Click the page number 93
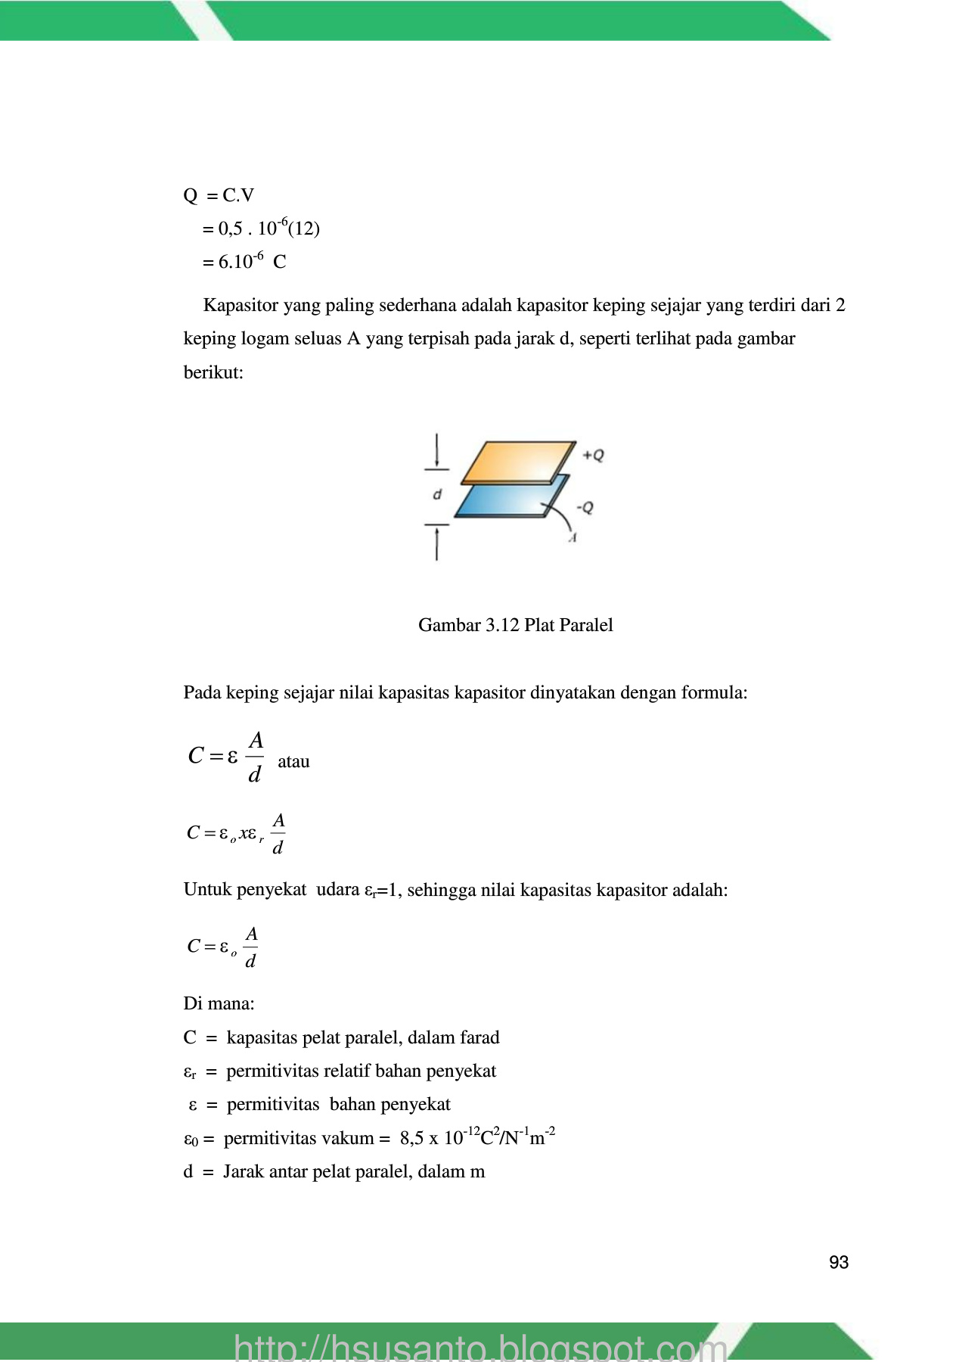click(x=838, y=1262)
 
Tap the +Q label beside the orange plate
click(x=594, y=456)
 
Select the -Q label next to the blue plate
click(x=585, y=507)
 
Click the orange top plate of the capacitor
click(x=518, y=461)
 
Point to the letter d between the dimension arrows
click(x=437, y=495)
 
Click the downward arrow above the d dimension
click(x=437, y=451)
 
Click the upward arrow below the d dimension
click(x=437, y=543)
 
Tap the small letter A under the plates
click(x=573, y=537)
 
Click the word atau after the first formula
click(x=293, y=761)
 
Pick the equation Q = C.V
click(x=219, y=195)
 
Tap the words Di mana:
click(x=219, y=1003)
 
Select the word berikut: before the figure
click(x=213, y=372)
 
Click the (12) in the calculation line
click(x=304, y=229)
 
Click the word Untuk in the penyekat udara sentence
click(x=207, y=890)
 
